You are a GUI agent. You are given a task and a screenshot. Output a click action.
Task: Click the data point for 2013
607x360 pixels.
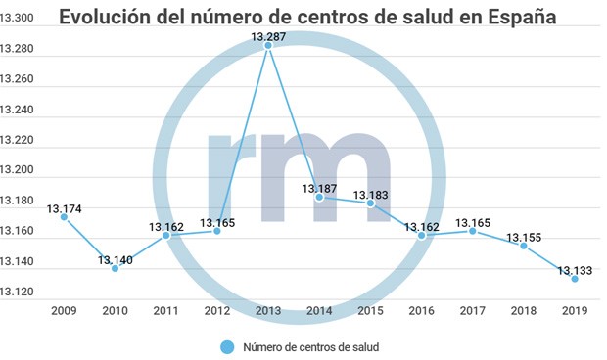click(268, 45)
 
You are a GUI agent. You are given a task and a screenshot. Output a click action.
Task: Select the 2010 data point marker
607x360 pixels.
click(116, 268)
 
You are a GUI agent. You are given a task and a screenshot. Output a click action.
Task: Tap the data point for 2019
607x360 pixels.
click(575, 279)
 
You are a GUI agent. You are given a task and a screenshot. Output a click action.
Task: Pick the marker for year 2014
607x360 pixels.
click(319, 197)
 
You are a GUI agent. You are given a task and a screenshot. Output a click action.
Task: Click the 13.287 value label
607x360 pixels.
click(269, 36)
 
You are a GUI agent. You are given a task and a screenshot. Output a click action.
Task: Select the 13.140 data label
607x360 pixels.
click(116, 259)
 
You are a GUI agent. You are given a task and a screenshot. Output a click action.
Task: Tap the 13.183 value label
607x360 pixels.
click(371, 195)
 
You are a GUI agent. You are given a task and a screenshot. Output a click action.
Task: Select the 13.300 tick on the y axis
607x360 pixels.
click(18, 18)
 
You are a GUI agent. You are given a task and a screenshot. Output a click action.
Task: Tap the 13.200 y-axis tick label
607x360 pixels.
click(18, 170)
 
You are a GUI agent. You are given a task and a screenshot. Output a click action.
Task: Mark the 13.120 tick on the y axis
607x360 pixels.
click(18, 292)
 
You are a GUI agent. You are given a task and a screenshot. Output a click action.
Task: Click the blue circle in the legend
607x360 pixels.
click(228, 346)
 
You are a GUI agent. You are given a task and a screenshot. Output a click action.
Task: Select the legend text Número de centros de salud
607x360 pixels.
click(309, 346)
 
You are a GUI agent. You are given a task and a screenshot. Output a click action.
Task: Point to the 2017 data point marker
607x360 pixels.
click(473, 231)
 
